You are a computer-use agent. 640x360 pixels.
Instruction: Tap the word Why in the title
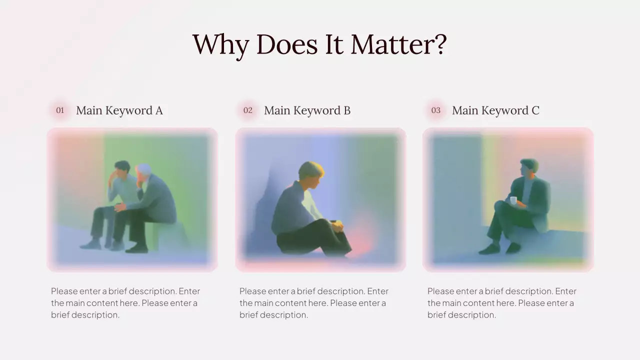(x=220, y=45)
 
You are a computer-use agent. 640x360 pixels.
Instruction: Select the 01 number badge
(x=60, y=110)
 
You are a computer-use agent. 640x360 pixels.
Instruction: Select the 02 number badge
(x=248, y=110)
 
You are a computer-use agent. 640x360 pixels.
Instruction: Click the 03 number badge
(x=436, y=110)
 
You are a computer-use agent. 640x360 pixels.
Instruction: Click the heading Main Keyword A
(x=119, y=110)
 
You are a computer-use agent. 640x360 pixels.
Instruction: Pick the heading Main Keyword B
(x=307, y=110)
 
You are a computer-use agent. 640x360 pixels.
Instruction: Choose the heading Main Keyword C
(x=495, y=110)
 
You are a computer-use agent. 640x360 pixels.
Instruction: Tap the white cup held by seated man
(x=513, y=200)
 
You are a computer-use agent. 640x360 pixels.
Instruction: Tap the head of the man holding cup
(x=528, y=167)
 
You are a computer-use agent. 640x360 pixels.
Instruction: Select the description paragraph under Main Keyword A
(x=125, y=303)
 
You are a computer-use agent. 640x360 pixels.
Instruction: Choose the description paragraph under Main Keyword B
(x=313, y=303)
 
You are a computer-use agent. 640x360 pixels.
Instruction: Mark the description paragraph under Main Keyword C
(x=501, y=303)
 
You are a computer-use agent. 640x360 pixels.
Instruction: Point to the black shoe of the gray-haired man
(x=135, y=248)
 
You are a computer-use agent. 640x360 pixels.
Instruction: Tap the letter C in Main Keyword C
(x=535, y=110)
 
